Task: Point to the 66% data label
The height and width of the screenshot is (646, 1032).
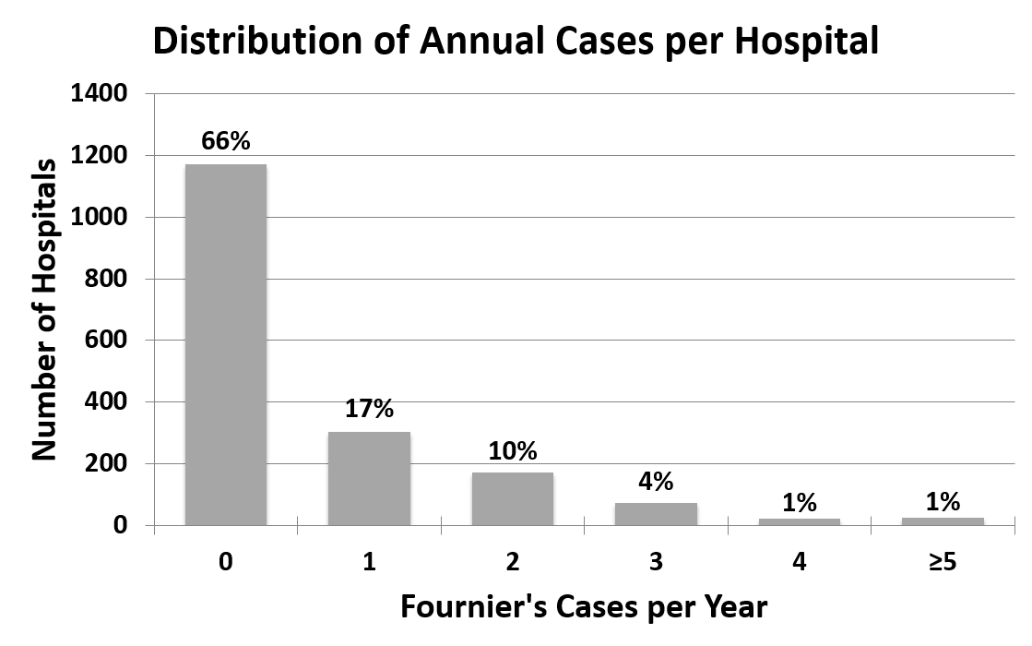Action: pos(226,141)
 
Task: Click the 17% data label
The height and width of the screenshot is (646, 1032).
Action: pos(369,410)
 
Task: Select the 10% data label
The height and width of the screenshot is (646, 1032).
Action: pos(512,451)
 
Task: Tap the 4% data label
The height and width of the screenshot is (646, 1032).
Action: pos(656,481)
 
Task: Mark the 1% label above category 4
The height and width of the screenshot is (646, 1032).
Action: pos(799,503)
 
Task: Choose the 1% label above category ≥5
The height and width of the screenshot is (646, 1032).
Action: pos(942,502)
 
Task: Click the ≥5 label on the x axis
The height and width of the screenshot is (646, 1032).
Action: pos(942,562)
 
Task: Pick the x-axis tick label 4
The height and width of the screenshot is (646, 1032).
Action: pos(799,562)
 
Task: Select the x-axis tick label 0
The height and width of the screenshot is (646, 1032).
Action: pos(226,562)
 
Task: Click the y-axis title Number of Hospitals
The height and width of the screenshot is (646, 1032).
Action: pos(45,309)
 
